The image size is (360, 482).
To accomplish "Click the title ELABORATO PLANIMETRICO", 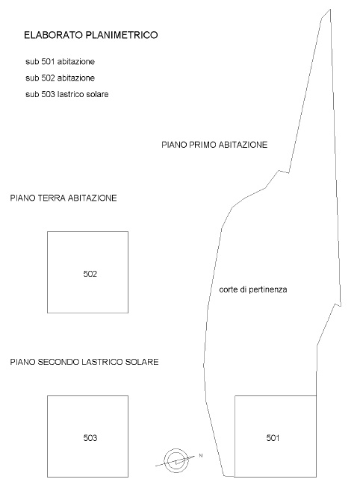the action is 91,35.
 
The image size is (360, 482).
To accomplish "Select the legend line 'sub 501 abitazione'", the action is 60,61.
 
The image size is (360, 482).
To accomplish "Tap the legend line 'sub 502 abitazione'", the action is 60,78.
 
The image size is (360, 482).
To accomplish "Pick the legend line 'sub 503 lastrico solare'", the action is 67,94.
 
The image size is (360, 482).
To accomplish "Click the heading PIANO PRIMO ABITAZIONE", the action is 214,145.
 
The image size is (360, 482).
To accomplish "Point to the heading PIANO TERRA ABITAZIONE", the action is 63,198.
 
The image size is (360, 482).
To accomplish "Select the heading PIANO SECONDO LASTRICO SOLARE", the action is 84,362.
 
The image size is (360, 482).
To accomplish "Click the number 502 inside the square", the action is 90,274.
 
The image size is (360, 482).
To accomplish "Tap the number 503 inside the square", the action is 90,437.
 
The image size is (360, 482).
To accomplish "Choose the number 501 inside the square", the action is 273,438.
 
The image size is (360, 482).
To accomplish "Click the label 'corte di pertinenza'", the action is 253,289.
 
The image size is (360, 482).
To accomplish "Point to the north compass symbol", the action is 176,460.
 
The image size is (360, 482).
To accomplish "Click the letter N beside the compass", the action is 201,456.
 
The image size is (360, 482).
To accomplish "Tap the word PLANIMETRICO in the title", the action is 122,35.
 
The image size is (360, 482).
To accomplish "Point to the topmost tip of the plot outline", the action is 330,9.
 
